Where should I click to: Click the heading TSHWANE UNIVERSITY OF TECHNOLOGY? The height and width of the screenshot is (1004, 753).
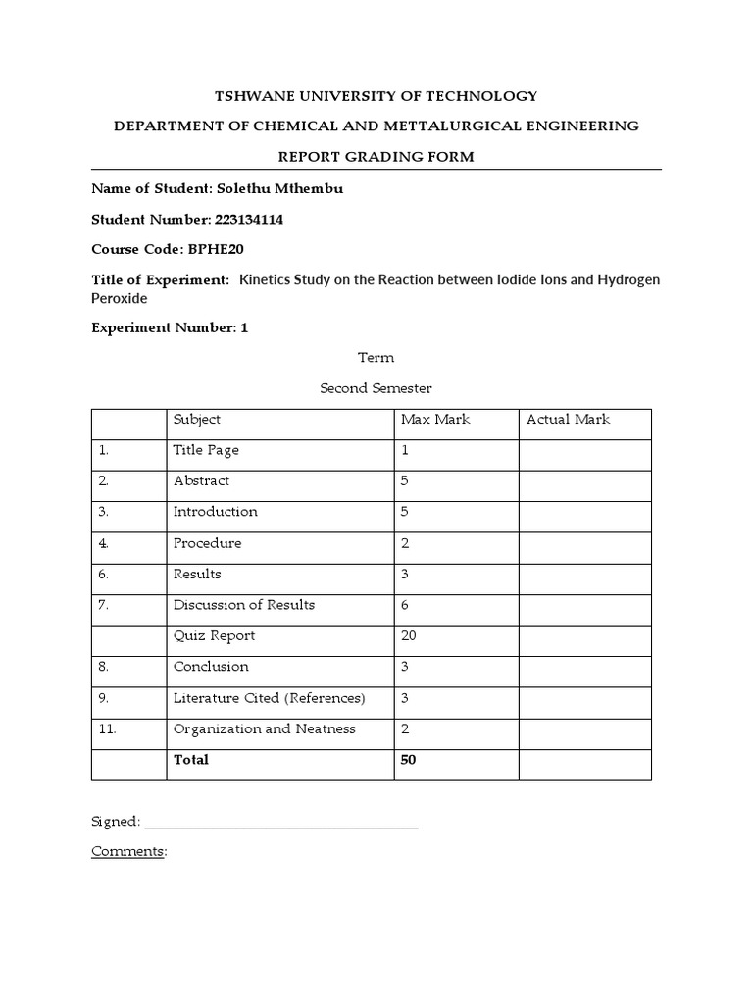(376, 96)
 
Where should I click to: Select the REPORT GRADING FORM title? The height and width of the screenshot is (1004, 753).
(376, 156)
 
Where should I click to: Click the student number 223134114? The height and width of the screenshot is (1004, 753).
(248, 220)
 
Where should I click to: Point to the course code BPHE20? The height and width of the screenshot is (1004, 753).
(221, 250)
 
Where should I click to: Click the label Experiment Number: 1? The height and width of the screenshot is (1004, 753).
(170, 328)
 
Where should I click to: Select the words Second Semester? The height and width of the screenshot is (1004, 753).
(376, 388)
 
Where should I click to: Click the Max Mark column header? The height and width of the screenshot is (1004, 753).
(435, 420)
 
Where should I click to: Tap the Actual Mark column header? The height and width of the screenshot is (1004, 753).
(569, 420)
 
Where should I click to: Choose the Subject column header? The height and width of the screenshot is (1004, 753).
(197, 420)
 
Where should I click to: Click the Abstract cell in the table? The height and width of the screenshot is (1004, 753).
(201, 481)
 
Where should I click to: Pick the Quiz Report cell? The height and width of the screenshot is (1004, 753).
(214, 636)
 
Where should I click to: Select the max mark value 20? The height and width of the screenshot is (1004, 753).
(409, 636)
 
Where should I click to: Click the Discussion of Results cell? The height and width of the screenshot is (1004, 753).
(244, 605)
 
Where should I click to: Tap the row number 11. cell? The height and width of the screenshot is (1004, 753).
(110, 729)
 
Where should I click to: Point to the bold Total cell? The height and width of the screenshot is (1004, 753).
(191, 760)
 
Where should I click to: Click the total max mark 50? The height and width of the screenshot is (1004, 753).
(409, 760)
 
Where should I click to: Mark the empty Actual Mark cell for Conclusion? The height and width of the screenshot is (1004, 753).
(584, 668)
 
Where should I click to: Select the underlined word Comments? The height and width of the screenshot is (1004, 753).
(127, 852)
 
